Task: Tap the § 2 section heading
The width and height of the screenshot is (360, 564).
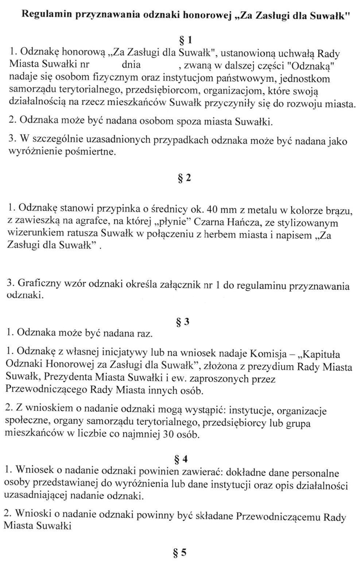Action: point(183,178)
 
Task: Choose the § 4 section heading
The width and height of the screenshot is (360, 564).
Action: point(181,459)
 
